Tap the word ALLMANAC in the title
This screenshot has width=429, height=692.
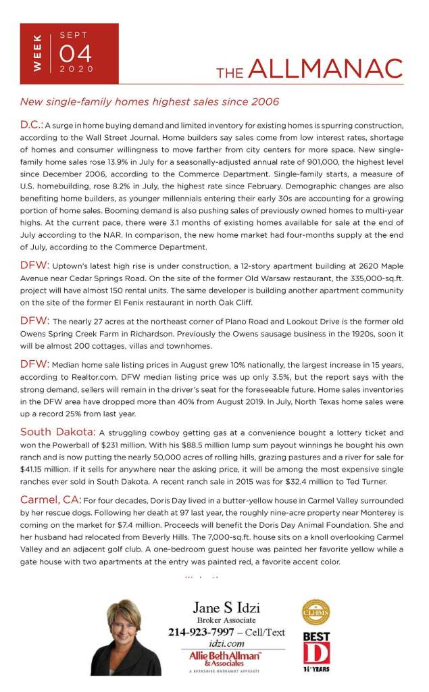(325, 69)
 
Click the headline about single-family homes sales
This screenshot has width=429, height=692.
(149, 102)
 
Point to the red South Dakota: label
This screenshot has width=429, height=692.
(57, 432)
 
